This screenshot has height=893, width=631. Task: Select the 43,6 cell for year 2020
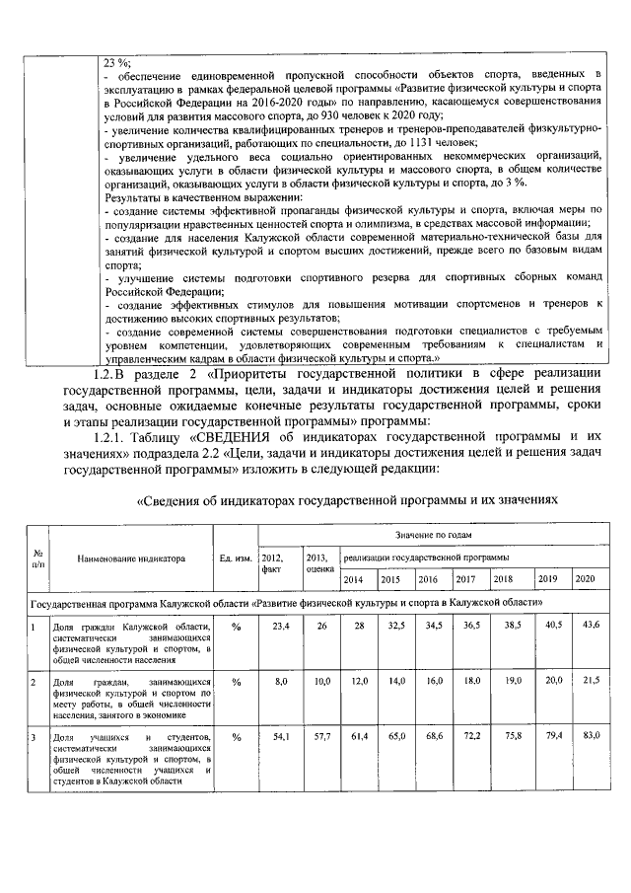tap(585, 627)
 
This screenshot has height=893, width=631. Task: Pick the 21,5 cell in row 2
tap(585, 681)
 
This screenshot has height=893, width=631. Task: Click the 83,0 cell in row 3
tap(585, 736)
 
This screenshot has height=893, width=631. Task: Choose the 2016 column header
tap(428, 579)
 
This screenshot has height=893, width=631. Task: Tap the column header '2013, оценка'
tap(318, 562)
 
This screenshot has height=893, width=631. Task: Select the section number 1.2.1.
tap(111, 434)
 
